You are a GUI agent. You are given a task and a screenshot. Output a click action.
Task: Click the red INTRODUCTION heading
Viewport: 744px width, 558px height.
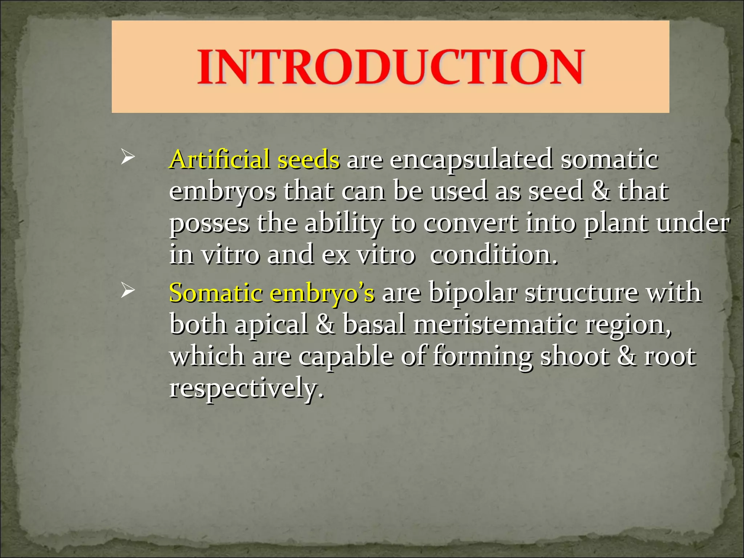(391, 68)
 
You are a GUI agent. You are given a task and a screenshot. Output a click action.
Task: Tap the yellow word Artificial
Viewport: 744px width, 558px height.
(219, 159)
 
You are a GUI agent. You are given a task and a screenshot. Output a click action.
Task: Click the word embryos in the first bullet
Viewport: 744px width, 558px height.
(222, 191)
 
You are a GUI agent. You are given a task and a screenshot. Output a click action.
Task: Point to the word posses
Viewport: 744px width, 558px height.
(209, 223)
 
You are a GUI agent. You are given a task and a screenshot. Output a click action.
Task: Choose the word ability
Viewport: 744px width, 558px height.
(343, 223)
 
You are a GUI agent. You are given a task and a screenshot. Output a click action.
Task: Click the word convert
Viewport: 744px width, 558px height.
(470, 223)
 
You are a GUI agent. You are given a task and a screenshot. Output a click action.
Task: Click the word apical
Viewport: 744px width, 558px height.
(271, 324)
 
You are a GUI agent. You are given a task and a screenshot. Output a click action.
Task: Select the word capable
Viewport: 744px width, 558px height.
(346, 356)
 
